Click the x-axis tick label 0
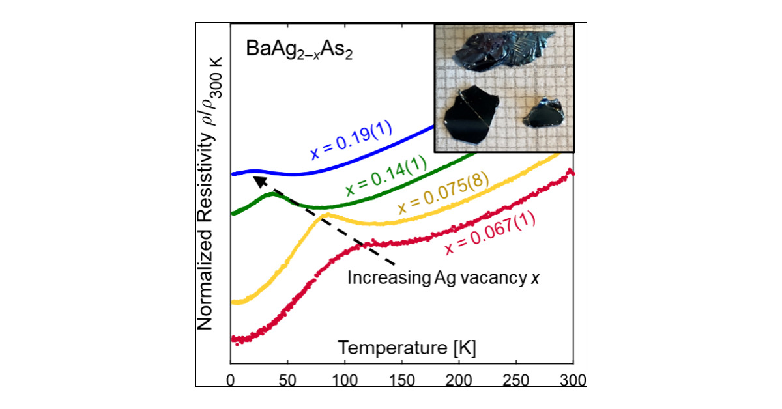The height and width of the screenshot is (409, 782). tap(231, 379)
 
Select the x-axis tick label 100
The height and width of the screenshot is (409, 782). tap(345, 379)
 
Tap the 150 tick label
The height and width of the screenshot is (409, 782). tap(402, 379)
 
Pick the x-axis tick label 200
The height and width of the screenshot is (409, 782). tap(459, 379)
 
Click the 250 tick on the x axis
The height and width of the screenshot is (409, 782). tap(517, 379)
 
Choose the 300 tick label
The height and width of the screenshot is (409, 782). tap(573, 379)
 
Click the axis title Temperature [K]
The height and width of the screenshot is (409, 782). tap(407, 348)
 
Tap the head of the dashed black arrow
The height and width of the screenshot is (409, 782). tap(254, 176)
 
